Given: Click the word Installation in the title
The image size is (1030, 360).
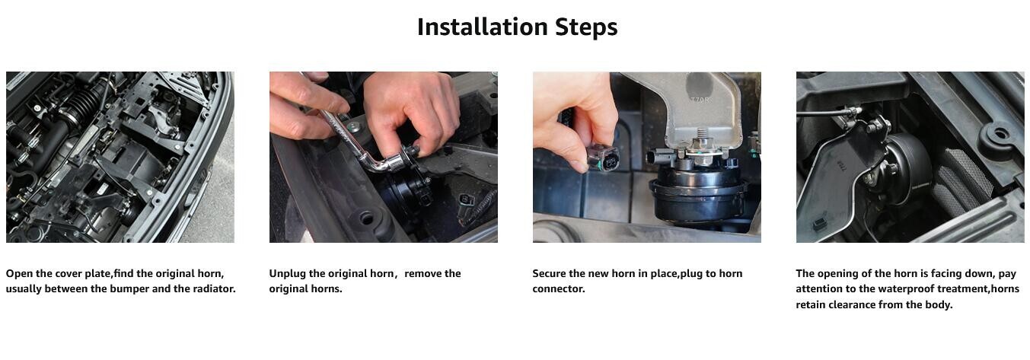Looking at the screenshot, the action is (x=483, y=27).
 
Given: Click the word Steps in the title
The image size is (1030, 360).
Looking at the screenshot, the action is (x=586, y=27).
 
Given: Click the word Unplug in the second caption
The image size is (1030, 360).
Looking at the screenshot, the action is (x=288, y=273).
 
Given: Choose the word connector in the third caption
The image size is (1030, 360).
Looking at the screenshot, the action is (x=558, y=288).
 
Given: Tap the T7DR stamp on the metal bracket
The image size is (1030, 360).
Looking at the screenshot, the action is (x=700, y=99).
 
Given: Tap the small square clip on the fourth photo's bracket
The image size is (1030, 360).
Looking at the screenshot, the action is (x=819, y=224).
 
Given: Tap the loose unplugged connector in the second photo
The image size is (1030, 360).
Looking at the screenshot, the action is (x=466, y=200).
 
